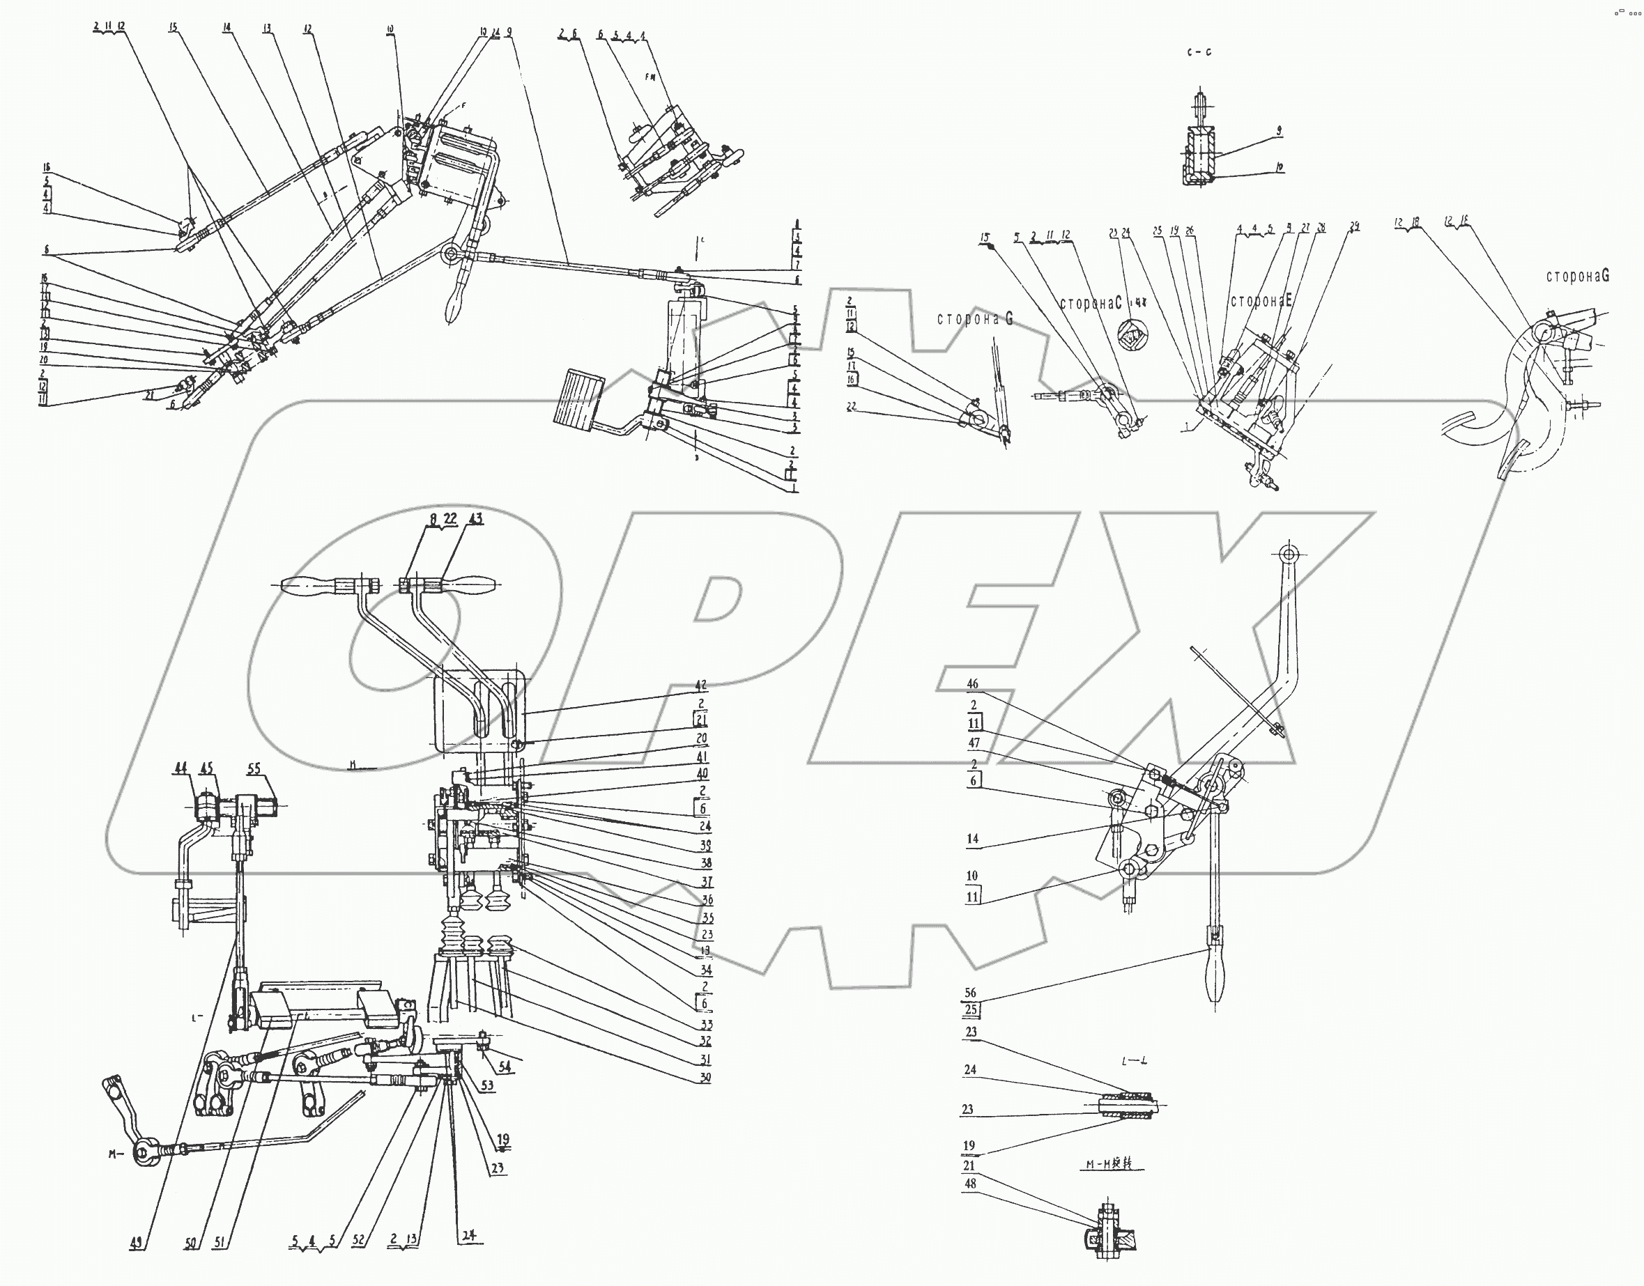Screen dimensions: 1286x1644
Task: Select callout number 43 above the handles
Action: [475, 519]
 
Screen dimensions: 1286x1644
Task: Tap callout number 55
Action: [254, 768]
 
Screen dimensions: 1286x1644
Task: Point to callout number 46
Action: [973, 683]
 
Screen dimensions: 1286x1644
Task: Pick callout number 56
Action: [971, 992]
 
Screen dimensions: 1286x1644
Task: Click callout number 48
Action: [970, 1184]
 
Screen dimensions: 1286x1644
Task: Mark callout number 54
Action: [505, 1067]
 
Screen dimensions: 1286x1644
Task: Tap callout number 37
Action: [707, 882]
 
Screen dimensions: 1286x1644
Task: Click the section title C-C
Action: [1199, 53]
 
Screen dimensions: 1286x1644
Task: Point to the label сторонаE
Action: [1261, 301]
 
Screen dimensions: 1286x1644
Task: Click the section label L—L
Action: [1133, 1062]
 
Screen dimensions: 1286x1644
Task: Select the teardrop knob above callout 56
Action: [1215, 975]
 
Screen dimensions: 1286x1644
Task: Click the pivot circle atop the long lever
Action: [1289, 555]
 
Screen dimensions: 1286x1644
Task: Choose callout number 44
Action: [180, 768]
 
